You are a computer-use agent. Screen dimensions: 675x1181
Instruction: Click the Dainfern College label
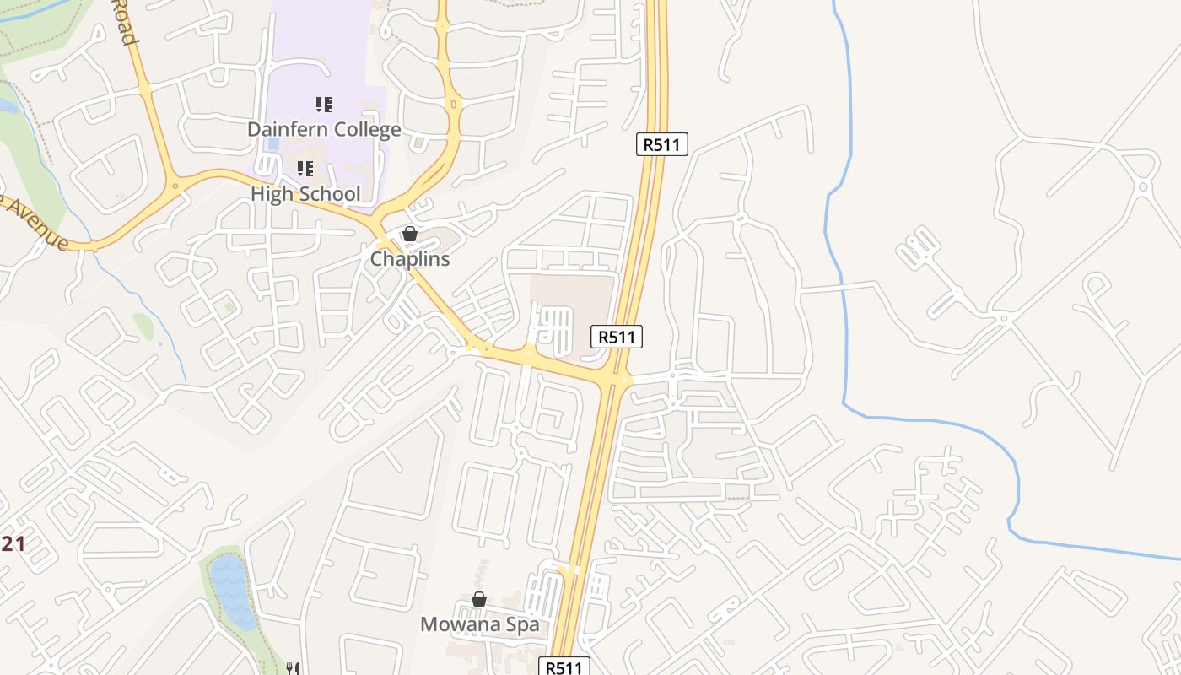pyautogui.click(x=324, y=130)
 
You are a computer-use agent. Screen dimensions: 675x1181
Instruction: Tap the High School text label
pyautogui.click(x=305, y=194)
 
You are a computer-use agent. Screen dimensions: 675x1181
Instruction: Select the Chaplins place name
pyautogui.click(x=410, y=259)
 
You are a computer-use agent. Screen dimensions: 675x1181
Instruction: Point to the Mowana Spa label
pyautogui.click(x=479, y=625)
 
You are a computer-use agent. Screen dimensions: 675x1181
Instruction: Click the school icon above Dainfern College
pyautogui.click(x=324, y=105)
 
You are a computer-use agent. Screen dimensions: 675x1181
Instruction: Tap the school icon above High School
pyautogui.click(x=305, y=169)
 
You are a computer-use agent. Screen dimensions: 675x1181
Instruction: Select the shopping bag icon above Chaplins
pyautogui.click(x=410, y=234)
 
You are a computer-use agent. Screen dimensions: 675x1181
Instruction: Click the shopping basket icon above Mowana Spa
pyautogui.click(x=479, y=599)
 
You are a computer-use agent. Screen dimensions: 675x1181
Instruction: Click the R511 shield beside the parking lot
pyautogui.click(x=617, y=337)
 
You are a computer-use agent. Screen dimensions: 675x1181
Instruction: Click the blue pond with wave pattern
pyautogui.click(x=233, y=591)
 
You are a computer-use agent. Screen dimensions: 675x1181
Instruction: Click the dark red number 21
pyautogui.click(x=12, y=544)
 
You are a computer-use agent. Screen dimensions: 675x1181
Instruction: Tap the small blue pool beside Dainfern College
pyautogui.click(x=272, y=144)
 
